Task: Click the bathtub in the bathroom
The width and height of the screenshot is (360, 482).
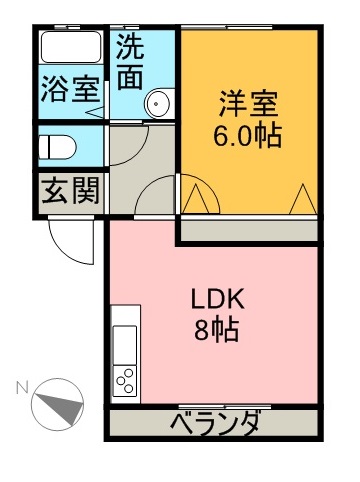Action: (71, 47)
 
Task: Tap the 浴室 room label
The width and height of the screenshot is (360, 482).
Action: (70, 89)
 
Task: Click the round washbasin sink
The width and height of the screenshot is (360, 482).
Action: (158, 103)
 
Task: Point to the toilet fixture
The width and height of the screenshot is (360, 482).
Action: (57, 147)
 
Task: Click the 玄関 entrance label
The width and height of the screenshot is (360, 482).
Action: (71, 191)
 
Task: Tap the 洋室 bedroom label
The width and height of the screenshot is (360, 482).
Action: (248, 104)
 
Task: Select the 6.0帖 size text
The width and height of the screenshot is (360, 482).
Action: (248, 136)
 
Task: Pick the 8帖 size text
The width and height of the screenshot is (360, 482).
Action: (217, 330)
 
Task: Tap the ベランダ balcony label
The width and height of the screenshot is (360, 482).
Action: (215, 423)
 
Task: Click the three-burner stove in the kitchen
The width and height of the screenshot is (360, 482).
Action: (125, 381)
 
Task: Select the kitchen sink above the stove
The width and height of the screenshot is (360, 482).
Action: (125, 345)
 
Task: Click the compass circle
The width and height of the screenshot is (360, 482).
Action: (57, 404)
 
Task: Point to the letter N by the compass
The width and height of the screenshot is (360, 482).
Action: (22, 388)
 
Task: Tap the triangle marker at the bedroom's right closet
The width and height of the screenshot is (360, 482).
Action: (303, 199)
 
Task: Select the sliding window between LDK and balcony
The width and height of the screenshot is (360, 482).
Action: (224, 407)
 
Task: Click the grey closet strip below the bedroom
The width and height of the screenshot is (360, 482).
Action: (249, 230)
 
